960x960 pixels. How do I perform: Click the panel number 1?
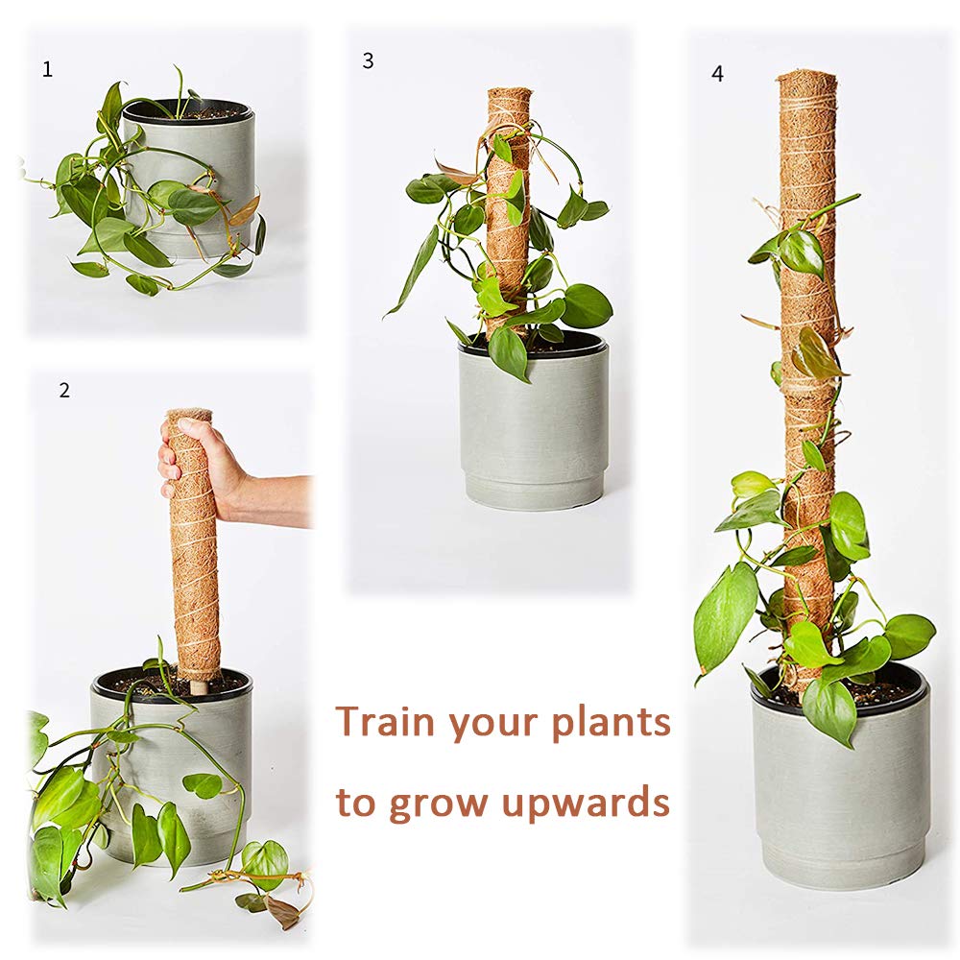click(48, 69)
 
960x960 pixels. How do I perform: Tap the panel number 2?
click(64, 391)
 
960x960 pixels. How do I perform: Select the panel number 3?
click(368, 60)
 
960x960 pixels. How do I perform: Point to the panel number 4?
click(717, 74)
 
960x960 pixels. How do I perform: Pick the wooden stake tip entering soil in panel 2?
click(199, 685)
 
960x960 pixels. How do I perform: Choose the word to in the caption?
click(355, 803)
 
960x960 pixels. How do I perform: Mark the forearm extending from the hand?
click(278, 499)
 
